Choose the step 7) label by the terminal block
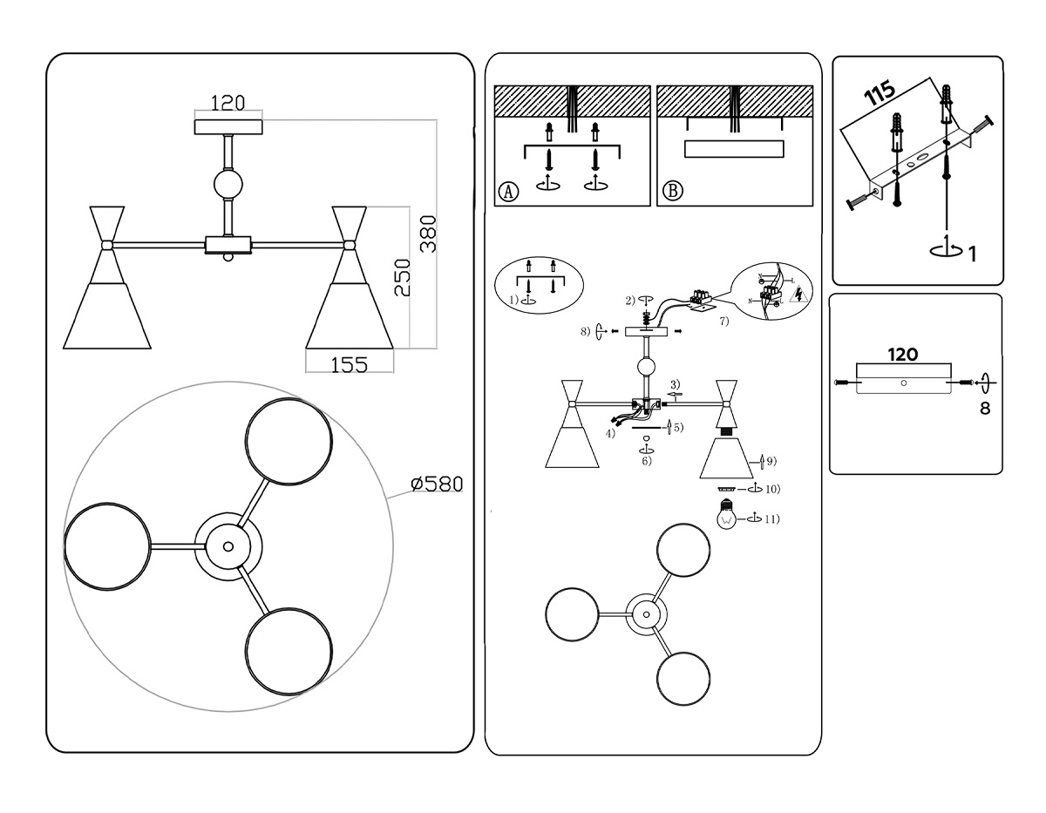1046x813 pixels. (723, 322)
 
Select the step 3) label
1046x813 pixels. (674, 384)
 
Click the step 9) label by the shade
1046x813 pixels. (771, 459)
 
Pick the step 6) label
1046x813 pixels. (646, 461)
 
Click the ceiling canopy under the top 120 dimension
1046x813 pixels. (228, 127)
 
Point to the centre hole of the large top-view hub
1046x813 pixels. (228, 546)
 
